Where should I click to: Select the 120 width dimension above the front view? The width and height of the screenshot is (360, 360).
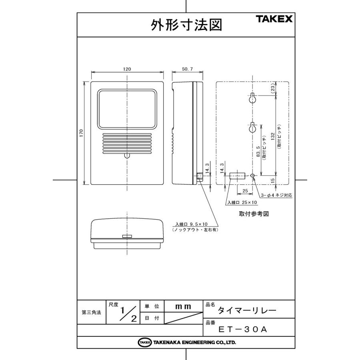point(127,69)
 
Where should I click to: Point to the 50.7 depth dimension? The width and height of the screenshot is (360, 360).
point(187,69)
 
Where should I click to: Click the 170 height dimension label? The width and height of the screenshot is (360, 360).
point(81,133)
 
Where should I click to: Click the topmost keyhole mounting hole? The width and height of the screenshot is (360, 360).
point(253,98)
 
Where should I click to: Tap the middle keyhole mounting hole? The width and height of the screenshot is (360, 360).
point(252,128)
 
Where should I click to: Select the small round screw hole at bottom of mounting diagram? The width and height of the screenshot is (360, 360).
point(252,176)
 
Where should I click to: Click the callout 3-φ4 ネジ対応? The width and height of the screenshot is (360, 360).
point(276,196)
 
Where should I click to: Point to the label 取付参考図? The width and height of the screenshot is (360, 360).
point(254,214)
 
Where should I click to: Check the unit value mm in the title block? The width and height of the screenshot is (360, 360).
point(183,306)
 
